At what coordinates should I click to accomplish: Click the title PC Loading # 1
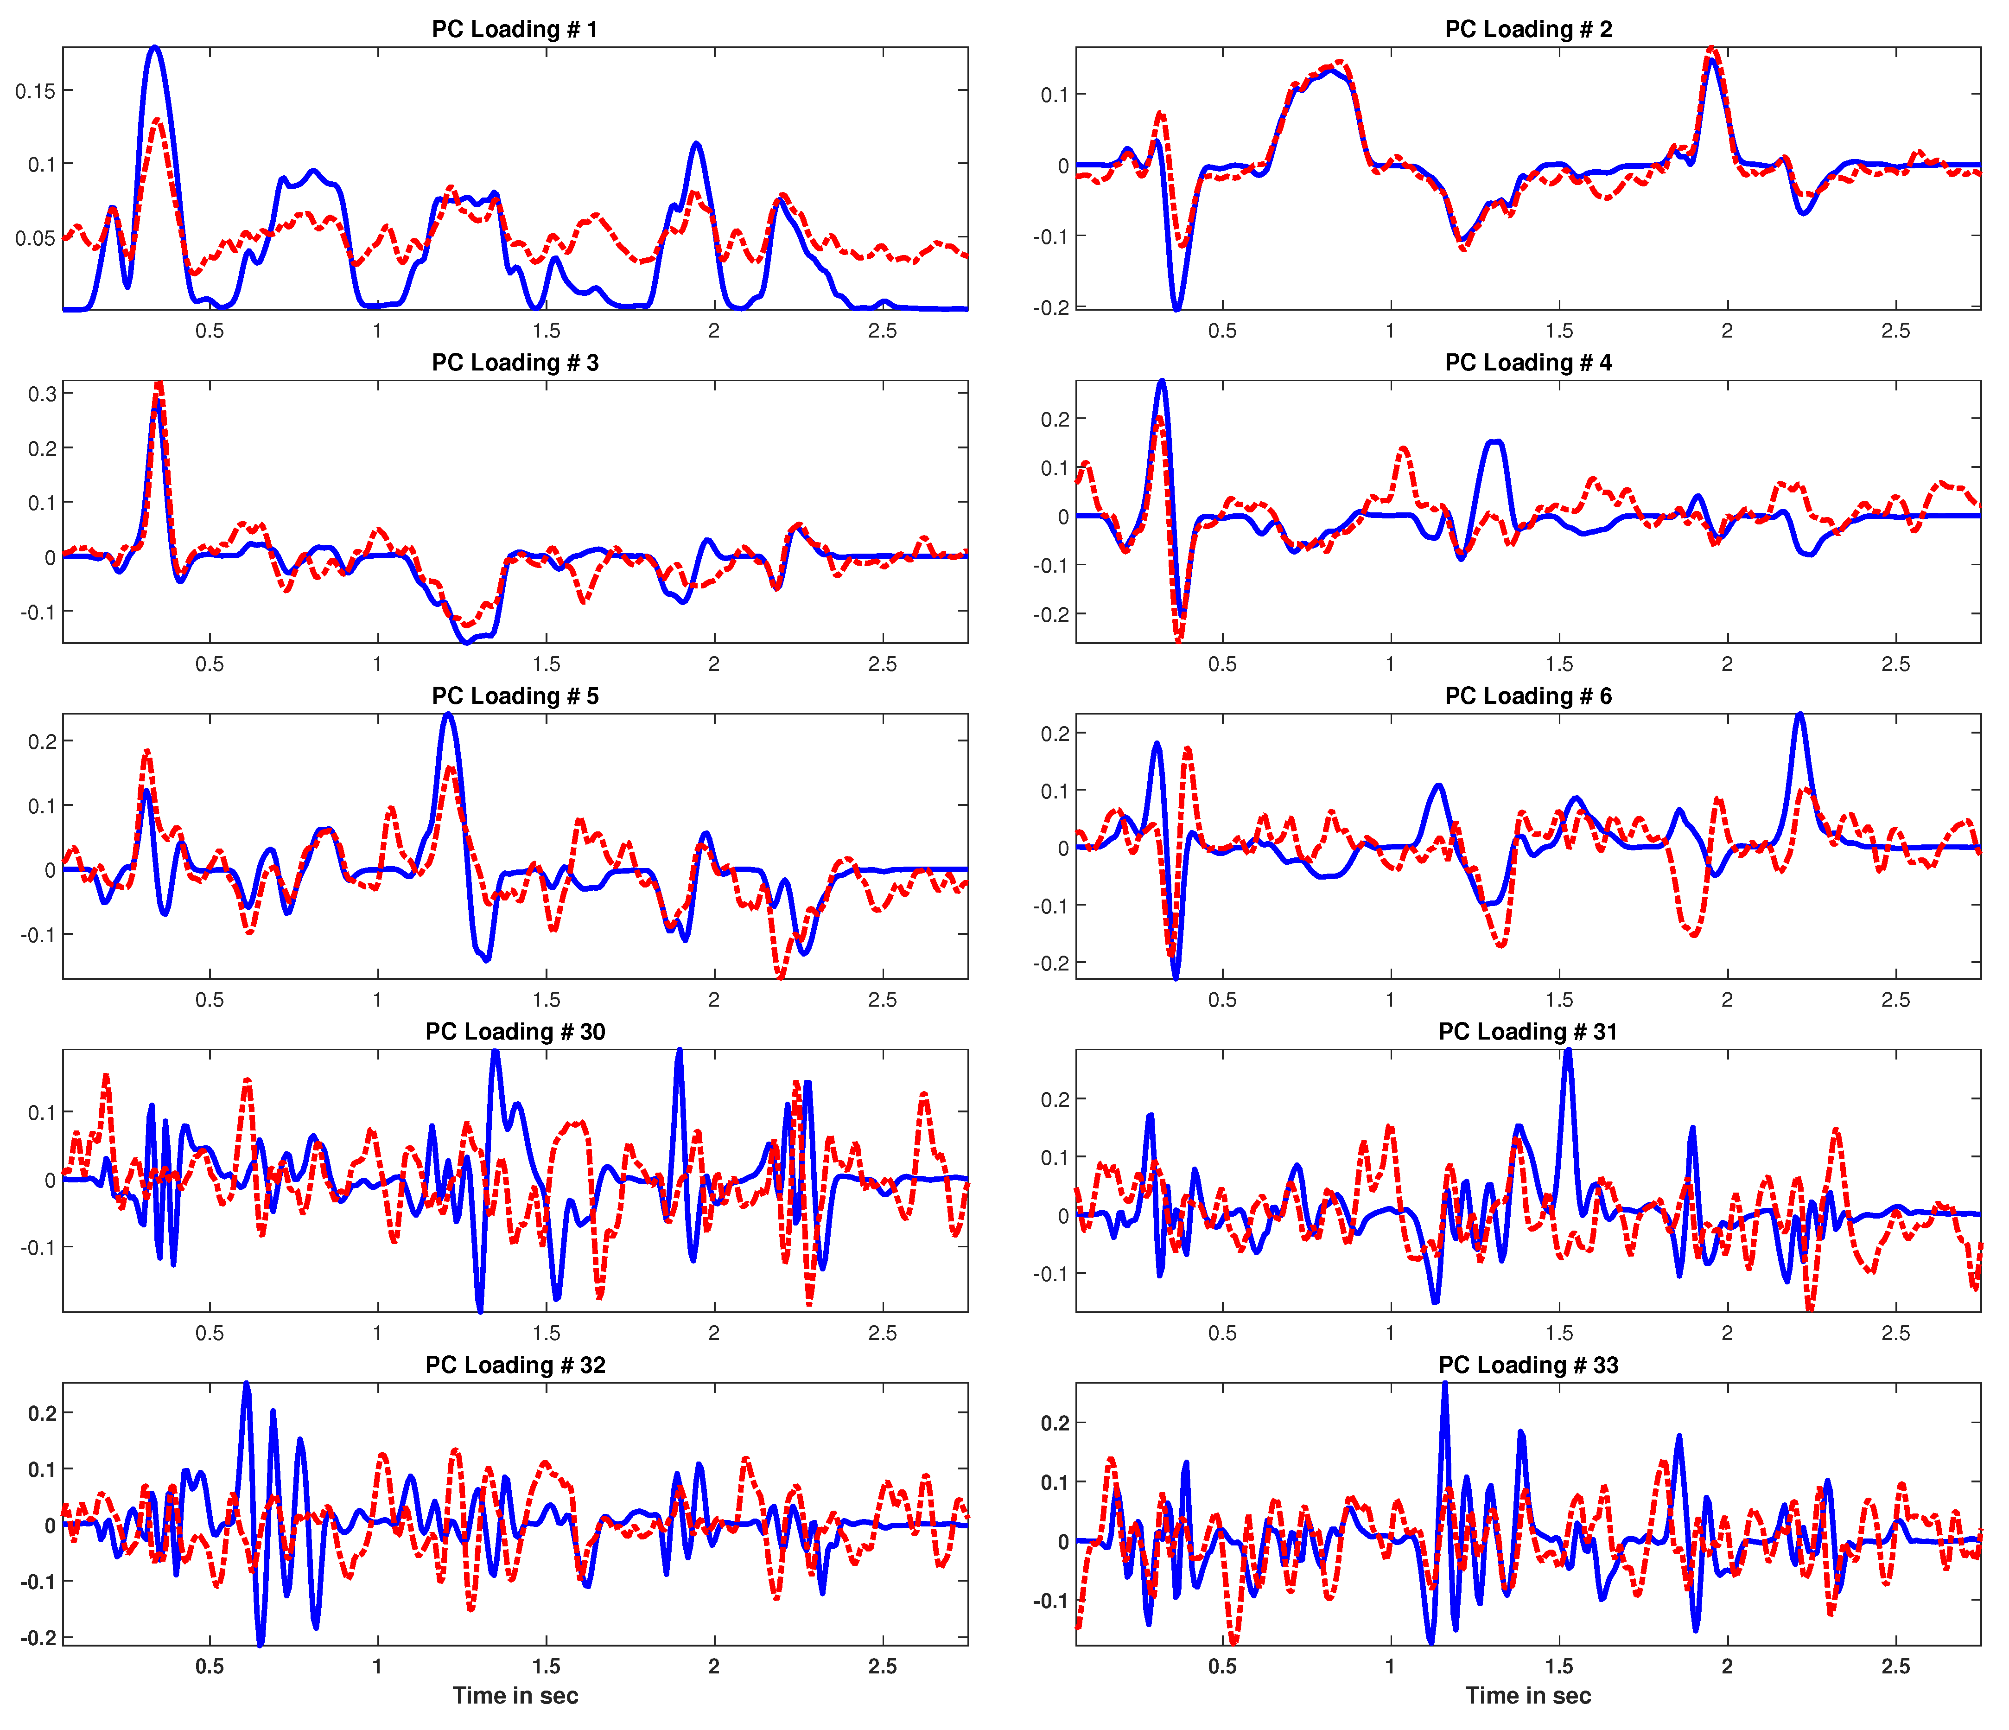pyautogui.click(x=515, y=29)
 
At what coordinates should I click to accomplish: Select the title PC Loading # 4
pyautogui.click(x=1528, y=363)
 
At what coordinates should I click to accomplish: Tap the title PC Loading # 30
pyautogui.click(x=515, y=1032)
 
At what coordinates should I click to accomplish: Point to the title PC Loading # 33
pyautogui.click(x=1528, y=1366)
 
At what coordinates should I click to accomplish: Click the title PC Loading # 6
pyautogui.click(x=1528, y=696)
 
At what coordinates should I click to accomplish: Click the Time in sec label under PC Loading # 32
pyautogui.click(x=515, y=1696)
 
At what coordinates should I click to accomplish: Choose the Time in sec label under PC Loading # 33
pyautogui.click(x=1528, y=1696)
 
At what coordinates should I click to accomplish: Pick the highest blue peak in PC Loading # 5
pyautogui.click(x=447, y=715)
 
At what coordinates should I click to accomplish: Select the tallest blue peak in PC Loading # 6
pyautogui.click(x=1799, y=715)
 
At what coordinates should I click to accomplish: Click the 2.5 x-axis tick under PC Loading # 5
pyautogui.click(x=882, y=1000)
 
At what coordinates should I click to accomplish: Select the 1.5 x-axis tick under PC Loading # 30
pyautogui.click(x=546, y=1334)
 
